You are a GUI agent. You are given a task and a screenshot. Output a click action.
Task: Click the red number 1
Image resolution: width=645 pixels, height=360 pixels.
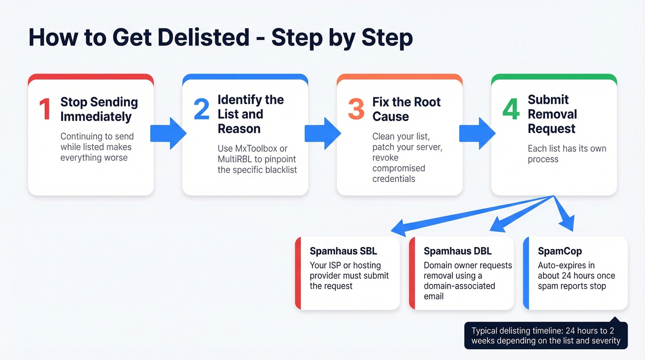pos(45,109)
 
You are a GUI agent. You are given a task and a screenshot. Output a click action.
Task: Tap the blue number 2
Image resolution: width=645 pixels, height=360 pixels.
pos(201,109)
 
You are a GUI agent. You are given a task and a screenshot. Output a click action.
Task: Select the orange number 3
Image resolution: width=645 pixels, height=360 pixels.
pos(356,109)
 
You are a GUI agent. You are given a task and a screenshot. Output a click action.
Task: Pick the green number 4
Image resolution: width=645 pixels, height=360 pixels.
pos(510,109)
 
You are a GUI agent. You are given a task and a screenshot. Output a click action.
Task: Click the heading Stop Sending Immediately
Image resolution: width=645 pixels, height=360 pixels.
pos(99,109)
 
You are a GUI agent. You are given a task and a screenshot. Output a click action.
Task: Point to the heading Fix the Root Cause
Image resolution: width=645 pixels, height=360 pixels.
pos(406,109)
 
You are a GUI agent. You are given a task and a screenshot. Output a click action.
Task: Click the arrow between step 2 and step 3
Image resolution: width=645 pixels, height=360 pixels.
pos(322,133)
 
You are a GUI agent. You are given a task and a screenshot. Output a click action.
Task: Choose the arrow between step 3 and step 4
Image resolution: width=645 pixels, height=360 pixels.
pos(477,133)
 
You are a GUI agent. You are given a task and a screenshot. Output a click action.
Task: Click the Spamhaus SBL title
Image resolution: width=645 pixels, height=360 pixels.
pos(343,251)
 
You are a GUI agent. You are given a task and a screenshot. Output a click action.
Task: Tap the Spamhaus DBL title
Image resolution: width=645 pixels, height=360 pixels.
pos(457,251)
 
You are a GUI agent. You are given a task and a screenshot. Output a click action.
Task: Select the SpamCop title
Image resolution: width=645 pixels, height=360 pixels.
pos(560,251)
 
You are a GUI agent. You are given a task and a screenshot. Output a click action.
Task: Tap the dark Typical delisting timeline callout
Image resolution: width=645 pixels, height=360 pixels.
pos(546,336)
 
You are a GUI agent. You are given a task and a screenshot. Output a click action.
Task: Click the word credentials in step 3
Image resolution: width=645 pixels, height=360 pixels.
pos(393,179)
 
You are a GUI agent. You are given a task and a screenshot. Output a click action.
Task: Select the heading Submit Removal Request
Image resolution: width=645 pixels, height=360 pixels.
pos(552,114)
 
